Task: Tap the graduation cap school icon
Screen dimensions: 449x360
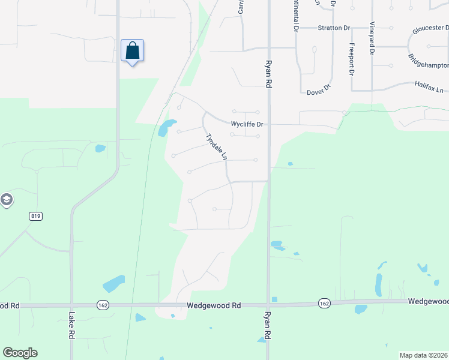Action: click(x=6, y=200)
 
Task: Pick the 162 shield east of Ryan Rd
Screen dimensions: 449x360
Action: click(x=324, y=304)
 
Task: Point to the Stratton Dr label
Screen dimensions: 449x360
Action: click(x=334, y=28)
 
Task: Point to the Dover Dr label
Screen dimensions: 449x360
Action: click(x=319, y=90)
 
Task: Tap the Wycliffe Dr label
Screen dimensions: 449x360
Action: click(x=248, y=125)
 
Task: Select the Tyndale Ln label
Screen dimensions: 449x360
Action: click(x=217, y=146)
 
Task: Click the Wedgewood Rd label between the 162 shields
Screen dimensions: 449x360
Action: click(x=214, y=305)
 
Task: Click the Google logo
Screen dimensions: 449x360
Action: click(x=20, y=353)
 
